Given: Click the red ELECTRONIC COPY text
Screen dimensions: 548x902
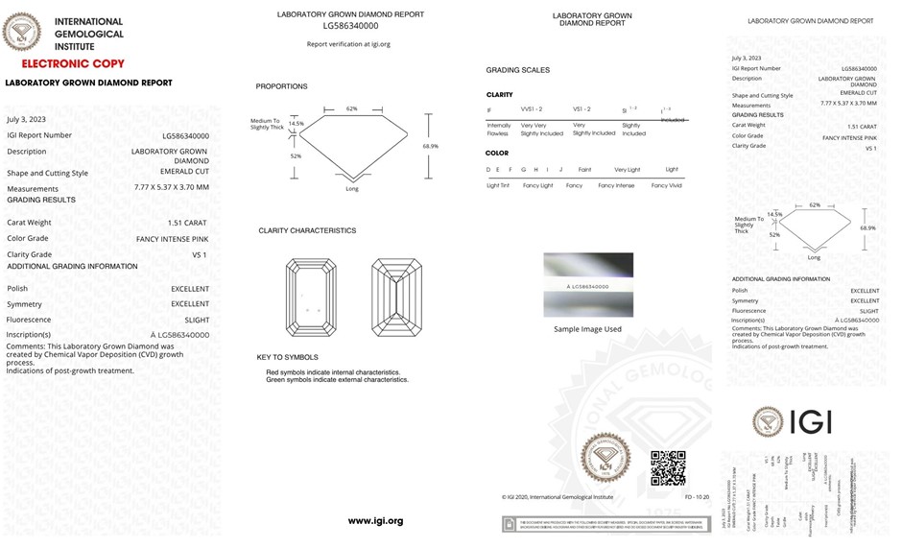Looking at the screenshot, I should [73, 64].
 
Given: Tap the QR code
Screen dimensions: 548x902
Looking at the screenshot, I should [668, 467].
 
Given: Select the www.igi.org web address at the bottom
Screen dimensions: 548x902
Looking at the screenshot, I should [375, 520].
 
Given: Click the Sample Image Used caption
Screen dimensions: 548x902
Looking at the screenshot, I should [587, 329].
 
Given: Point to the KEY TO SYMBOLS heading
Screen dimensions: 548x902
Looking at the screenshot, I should [288, 357].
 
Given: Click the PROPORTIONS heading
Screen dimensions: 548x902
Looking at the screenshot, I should [281, 86].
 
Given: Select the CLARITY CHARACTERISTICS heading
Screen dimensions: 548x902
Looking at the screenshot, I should [307, 230].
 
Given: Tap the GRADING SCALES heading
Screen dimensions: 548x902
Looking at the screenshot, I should [518, 70].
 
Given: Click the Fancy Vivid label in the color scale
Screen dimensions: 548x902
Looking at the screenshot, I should [666, 185].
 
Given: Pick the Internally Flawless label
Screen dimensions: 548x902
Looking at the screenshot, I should [499, 130].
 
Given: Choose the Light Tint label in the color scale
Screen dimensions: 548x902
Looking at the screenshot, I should [498, 185].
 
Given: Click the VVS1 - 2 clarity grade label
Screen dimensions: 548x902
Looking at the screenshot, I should [532, 109].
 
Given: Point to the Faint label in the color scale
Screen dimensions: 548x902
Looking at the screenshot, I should [584, 169].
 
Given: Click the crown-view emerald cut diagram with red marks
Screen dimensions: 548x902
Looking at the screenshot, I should [310, 298].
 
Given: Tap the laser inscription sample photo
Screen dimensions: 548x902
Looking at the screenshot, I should [588, 285].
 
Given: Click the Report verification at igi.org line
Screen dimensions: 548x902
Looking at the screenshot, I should [348, 44].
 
